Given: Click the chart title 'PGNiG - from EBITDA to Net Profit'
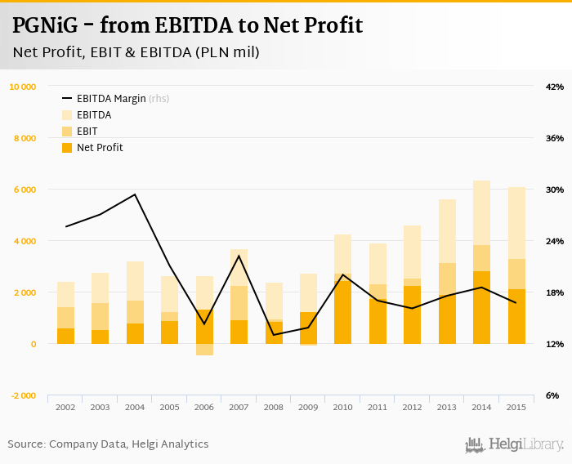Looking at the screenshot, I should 187,25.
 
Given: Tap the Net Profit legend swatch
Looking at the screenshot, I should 67,148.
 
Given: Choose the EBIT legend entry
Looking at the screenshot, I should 87,131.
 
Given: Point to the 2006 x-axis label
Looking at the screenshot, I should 204,407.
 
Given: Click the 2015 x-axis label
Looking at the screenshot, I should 516,407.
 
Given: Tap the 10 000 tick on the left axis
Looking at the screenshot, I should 23,87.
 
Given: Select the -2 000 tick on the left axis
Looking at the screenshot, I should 23,395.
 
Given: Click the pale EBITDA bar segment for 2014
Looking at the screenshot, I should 481,212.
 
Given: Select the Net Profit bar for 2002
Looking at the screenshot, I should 65,336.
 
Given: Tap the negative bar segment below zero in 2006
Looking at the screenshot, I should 204,350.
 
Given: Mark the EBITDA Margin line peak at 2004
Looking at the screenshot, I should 135,194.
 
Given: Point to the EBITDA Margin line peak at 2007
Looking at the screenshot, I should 239,256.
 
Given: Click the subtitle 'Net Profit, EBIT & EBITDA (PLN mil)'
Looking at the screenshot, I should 136,52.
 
